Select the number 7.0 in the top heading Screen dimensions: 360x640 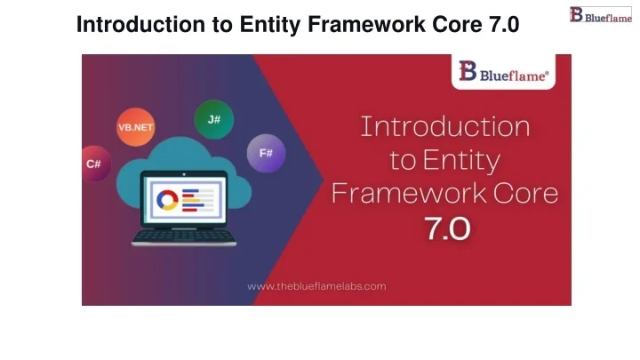[503, 24]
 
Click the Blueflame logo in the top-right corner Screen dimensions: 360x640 [601, 15]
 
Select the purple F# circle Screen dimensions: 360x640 [265, 153]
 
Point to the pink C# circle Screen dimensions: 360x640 [93, 164]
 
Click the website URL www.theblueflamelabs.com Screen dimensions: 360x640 [316, 286]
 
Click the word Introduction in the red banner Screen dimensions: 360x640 [444, 126]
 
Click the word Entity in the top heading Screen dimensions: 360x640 [266, 24]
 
